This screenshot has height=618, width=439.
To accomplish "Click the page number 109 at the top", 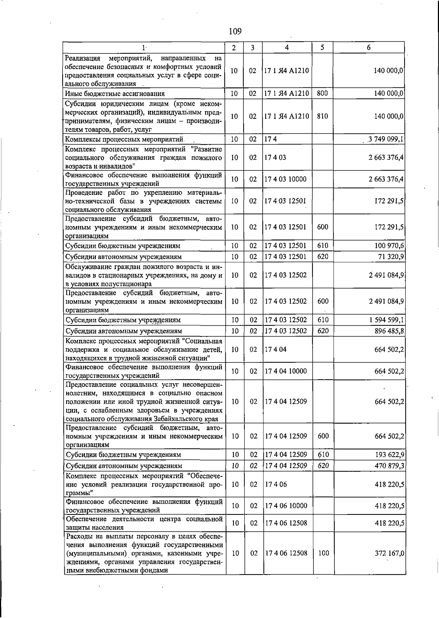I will (x=235, y=31).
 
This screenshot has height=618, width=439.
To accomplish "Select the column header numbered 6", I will (x=369, y=48).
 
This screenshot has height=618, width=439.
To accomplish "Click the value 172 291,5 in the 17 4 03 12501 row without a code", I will (x=389, y=201).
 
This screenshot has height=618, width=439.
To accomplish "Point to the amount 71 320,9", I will (x=391, y=257).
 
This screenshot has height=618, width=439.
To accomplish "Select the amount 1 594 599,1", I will (x=386, y=320).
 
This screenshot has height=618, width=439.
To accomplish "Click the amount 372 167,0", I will (x=389, y=553).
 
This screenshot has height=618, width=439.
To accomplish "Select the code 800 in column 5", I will (x=322, y=93).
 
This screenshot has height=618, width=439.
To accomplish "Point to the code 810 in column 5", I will (x=322, y=116).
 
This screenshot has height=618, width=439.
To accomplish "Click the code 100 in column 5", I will (x=323, y=553).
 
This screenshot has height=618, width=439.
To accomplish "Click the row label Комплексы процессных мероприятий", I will (x=124, y=139).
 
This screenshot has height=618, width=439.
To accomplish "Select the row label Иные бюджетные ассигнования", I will (x=115, y=94).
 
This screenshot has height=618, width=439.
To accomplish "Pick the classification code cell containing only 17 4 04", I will (x=275, y=349).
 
